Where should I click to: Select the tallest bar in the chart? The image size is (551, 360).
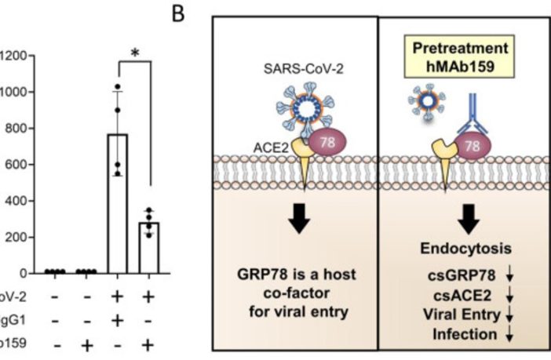coord(118,203)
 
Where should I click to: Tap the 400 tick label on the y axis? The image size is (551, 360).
coord(16,201)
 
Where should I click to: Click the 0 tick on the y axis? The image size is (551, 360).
coord(26,274)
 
